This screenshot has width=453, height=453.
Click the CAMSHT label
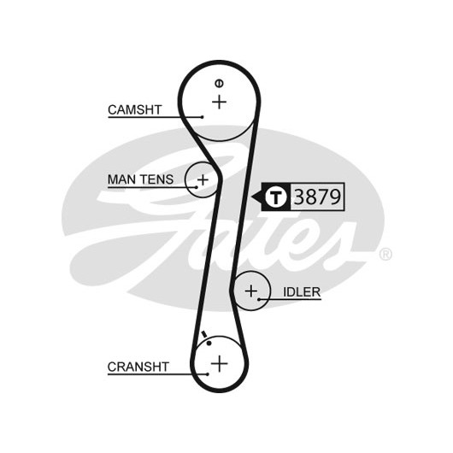click(x=135, y=109)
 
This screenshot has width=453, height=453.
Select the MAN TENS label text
click(x=140, y=179)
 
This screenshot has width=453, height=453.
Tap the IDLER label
click(x=302, y=292)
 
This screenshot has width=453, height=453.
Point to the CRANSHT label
click(x=138, y=367)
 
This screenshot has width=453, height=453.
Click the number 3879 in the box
click(x=317, y=197)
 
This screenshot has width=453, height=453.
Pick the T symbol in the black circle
click(x=276, y=197)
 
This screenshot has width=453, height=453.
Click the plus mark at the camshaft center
click(x=220, y=102)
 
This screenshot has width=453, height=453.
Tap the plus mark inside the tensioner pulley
click(x=203, y=180)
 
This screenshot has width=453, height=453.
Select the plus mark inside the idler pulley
click(x=251, y=291)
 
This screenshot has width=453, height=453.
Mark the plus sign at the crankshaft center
click(x=220, y=363)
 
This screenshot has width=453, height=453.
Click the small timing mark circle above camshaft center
click(x=219, y=84)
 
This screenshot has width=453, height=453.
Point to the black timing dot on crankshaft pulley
click(x=209, y=344)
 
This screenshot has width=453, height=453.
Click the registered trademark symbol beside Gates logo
click(x=385, y=254)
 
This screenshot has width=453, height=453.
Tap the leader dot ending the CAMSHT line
click(x=203, y=117)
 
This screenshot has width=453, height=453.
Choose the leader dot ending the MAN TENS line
click(x=197, y=187)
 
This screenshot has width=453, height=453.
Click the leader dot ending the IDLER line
click(x=259, y=299)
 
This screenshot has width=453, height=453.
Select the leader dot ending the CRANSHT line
click(x=208, y=374)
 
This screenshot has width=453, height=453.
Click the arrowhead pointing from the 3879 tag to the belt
click(x=256, y=197)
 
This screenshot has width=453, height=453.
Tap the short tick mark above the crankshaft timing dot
click(x=204, y=334)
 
